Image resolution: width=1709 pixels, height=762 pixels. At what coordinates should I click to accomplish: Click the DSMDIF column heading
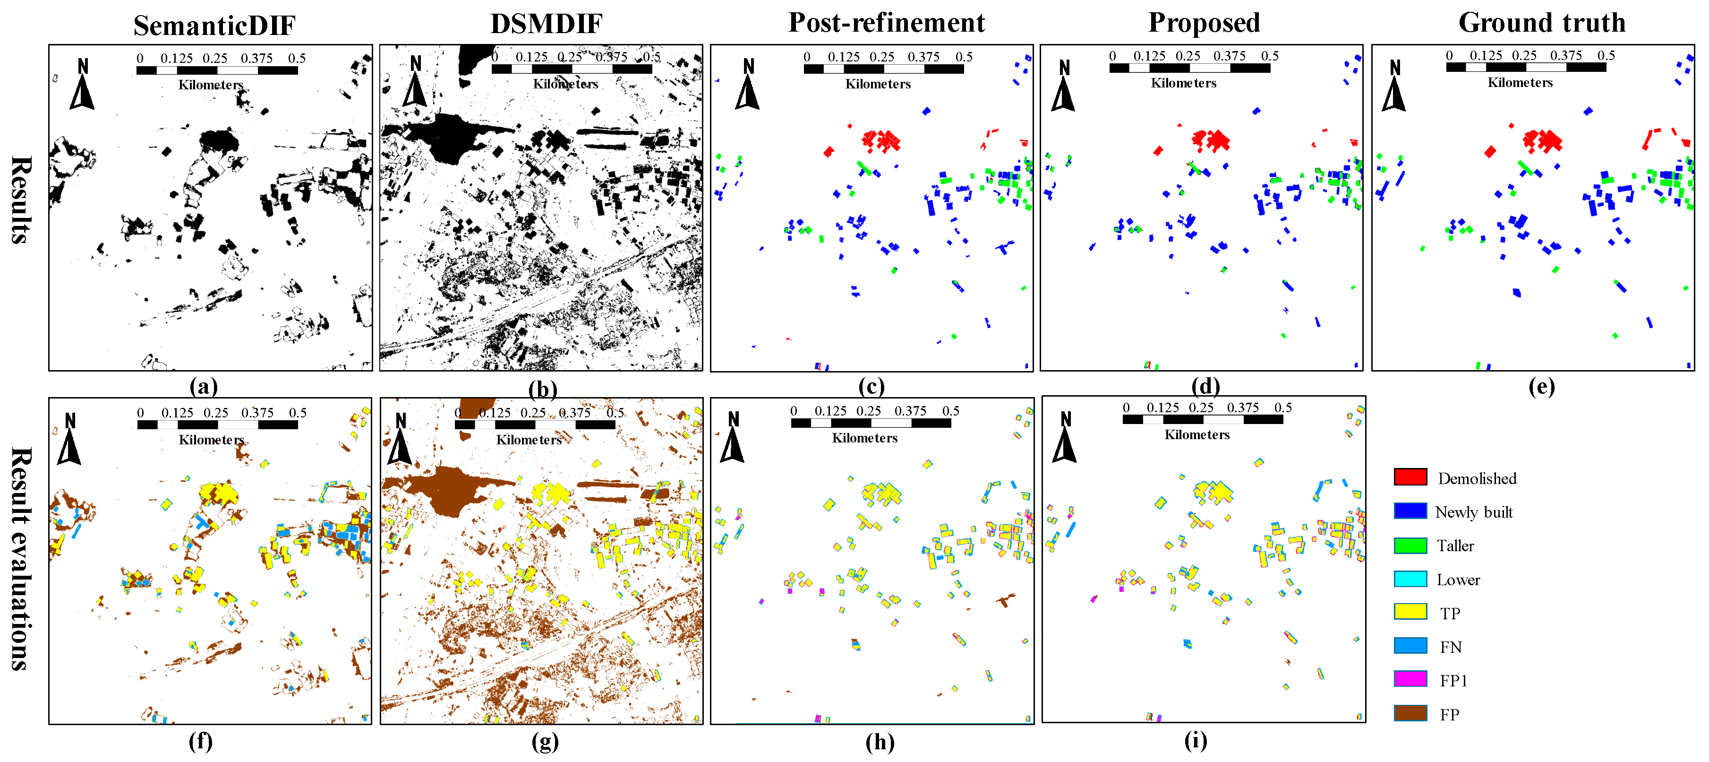[546, 24]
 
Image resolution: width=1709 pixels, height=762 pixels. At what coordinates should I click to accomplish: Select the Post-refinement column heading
[886, 23]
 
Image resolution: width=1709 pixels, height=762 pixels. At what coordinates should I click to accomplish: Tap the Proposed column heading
[1204, 23]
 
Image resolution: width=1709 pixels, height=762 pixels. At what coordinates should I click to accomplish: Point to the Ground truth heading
[1541, 23]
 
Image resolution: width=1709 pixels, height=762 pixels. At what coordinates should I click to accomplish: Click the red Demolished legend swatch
[1410, 476]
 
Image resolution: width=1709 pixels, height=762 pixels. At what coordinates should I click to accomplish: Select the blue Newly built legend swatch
[1410, 511]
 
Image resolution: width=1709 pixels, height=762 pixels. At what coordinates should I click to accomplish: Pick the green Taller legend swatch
[1410, 545]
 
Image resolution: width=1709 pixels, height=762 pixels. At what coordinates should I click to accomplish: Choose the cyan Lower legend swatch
[1410, 579]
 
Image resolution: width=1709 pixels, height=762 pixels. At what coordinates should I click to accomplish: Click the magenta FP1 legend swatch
[1410, 679]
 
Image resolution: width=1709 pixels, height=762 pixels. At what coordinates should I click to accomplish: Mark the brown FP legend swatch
[1410, 713]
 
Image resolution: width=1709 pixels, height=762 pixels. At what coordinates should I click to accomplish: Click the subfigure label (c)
[871, 386]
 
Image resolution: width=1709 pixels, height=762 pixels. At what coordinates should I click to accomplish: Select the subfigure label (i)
[1195, 740]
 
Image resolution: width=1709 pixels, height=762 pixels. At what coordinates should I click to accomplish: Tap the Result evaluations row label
[21, 559]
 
